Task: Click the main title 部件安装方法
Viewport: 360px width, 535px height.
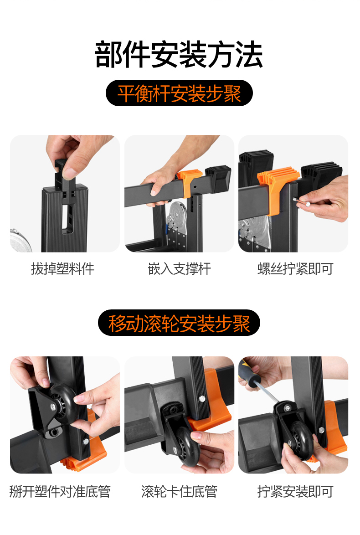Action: [x=179, y=55]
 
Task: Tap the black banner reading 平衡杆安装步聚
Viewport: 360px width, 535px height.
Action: [x=179, y=93]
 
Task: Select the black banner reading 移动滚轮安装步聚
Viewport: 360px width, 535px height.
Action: [x=179, y=323]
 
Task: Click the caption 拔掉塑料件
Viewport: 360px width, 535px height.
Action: [x=63, y=269]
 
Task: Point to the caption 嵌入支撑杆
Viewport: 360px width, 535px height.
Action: [x=180, y=269]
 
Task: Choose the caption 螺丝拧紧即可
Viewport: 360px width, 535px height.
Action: [x=295, y=269]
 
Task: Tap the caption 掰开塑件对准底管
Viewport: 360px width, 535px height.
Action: [x=60, y=492]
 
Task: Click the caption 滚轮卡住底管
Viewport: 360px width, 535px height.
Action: [x=180, y=492]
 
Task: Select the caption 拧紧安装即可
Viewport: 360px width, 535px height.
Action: [x=295, y=492]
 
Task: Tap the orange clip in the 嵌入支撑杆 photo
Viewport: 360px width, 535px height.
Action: [x=185, y=184]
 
